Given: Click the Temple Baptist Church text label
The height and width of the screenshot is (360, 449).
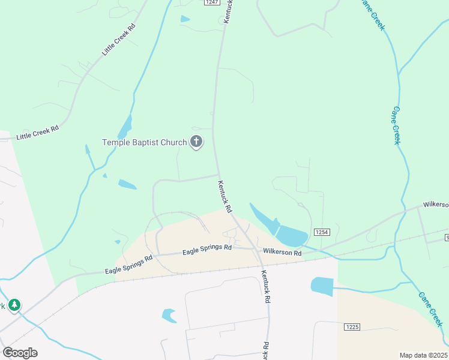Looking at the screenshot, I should [144, 143].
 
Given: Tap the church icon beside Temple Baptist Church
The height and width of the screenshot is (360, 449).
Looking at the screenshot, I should [196, 142].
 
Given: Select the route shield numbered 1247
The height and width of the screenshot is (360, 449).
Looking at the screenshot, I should [211, 2].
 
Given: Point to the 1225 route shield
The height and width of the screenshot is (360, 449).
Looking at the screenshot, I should [352, 327].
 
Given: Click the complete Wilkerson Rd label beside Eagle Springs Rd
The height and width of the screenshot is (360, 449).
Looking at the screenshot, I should [282, 253].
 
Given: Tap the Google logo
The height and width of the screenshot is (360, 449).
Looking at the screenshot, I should [20, 353].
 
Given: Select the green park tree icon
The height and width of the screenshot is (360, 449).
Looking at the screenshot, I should [13, 305].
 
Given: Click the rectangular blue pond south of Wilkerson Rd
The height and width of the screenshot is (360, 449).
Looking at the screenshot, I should [322, 286].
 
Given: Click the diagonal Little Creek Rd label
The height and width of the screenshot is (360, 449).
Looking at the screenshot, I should [119, 40].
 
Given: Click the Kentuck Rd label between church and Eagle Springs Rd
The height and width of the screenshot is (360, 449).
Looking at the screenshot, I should [225, 197].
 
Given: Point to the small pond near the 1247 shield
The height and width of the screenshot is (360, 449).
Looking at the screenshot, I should [185, 19].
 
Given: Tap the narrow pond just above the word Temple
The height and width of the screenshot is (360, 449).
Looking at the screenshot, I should [125, 127].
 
